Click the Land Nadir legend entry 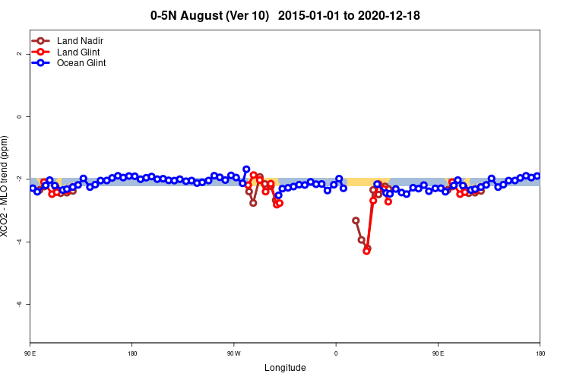click(80, 40)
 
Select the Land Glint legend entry click(78, 52)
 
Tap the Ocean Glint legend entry click(81, 63)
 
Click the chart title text click(285, 15)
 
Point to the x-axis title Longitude click(285, 368)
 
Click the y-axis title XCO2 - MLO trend click(6, 186)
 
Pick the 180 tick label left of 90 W click(132, 353)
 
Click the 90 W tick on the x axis click(233, 353)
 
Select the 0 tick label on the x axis click(336, 353)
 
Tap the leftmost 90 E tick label click(30, 353)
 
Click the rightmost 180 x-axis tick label click(540, 353)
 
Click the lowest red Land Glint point click(366, 251)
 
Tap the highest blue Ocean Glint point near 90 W click(246, 169)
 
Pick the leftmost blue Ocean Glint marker click(33, 188)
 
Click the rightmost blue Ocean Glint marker click(537, 176)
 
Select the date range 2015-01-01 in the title click(308, 15)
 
